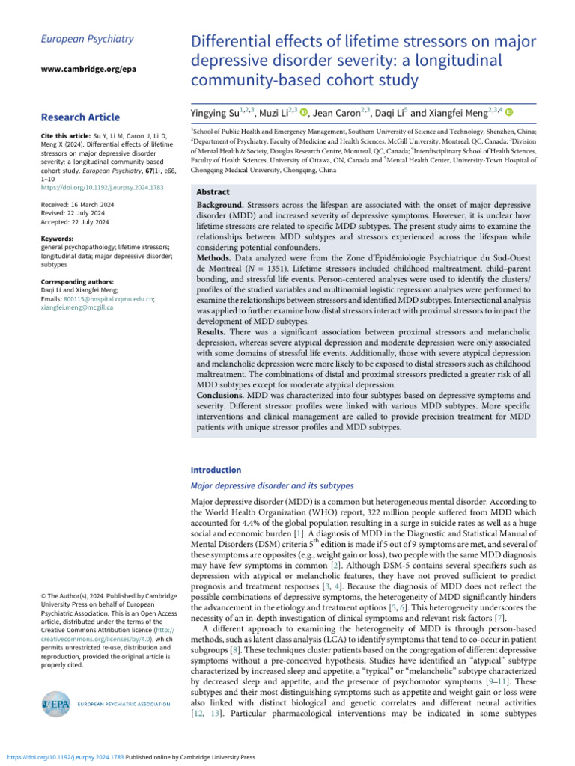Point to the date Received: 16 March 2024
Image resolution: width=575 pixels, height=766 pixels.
pos(76,203)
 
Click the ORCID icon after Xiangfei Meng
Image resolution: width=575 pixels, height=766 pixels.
pos(510,112)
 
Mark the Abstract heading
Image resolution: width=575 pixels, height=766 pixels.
pos(212,191)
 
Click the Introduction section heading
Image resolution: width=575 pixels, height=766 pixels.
pos(216,470)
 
